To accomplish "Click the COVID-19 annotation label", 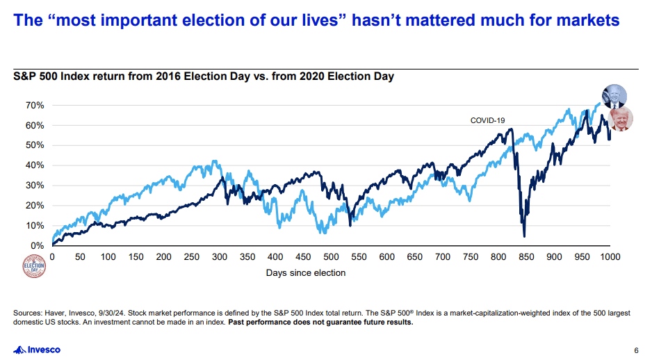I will [x=487, y=120].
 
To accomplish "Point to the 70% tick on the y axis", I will [x=35, y=105].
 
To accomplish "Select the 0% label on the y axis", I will [x=38, y=246].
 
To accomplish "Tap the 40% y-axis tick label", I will [x=35, y=165].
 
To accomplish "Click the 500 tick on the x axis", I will [x=331, y=256].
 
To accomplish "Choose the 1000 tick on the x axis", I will [x=610, y=256].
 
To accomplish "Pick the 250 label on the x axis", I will [x=191, y=256].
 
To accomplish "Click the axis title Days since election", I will [x=305, y=273].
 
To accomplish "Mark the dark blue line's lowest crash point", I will [x=524, y=236].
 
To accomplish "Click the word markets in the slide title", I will [x=584, y=20].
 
